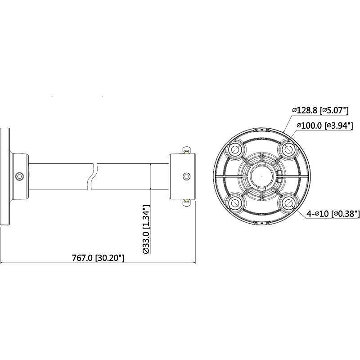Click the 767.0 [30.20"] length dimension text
(x=98, y=258)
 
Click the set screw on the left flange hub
(x=19, y=176)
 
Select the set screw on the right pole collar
(x=185, y=176)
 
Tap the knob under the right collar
(x=185, y=202)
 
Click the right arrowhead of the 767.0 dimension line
(x=193, y=263)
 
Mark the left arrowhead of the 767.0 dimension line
(x=3, y=263)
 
